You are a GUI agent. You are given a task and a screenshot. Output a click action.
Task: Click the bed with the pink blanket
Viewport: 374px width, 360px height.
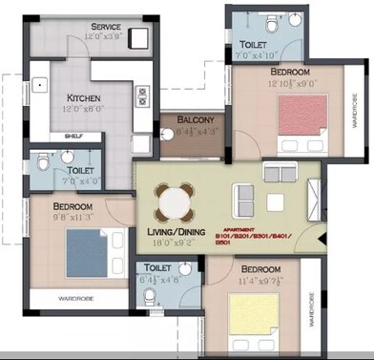click(x=302, y=121)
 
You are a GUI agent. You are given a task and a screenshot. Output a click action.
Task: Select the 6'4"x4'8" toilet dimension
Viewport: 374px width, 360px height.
click(x=158, y=281)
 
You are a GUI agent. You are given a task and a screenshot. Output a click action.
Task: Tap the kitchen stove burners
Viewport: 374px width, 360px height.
click(x=142, y=96)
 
